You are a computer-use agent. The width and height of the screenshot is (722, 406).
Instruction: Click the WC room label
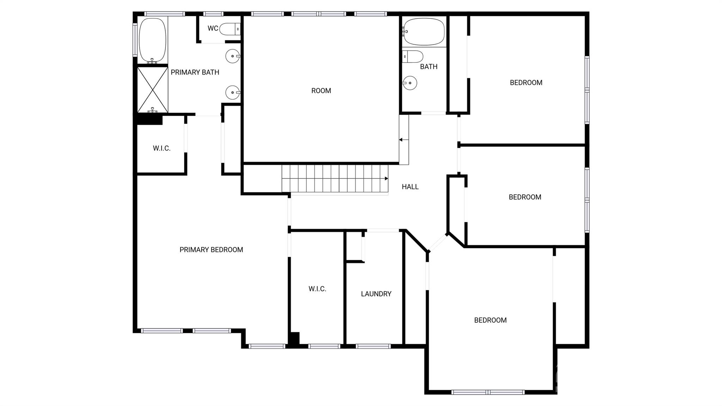(x=213, y=28)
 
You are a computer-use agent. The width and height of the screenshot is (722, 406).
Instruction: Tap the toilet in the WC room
(x=230, y=29)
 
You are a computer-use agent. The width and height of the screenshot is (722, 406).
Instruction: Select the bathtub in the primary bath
(x=152, y=41)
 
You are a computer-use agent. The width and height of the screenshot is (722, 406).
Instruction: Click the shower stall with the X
(x=152, y=90)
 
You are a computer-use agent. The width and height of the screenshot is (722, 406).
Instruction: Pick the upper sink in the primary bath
(x=232, y=56)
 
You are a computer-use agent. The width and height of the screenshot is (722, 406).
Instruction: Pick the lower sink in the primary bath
(x=232, y=92)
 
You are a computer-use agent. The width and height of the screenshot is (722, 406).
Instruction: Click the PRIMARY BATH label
(x=195, y=72)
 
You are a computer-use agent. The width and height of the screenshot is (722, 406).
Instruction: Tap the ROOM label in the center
(x=321, y=91)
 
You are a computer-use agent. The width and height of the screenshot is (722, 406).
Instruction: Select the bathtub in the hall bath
(x=424, y=32)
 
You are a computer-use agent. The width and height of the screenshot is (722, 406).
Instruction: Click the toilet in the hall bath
(x=413, y=56)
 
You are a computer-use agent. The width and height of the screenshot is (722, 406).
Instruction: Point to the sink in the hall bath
(x=410, y=83)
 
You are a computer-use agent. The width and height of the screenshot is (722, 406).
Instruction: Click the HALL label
(x=410, y=187)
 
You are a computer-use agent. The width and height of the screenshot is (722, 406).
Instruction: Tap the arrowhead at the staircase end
(x=386, y=178)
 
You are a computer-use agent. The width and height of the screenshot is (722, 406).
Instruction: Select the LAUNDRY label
(x=376, y=294)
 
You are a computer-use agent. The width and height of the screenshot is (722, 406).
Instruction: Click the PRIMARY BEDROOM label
(x=211, y=250)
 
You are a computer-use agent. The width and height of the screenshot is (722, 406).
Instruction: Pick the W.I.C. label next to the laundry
(x=317, y=289)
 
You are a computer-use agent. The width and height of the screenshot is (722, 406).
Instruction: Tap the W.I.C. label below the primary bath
(x=161, y=148)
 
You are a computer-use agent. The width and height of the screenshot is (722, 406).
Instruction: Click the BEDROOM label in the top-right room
(x=526, y=83)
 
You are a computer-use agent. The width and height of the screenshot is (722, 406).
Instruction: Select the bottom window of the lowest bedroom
(x=488, y=392)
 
